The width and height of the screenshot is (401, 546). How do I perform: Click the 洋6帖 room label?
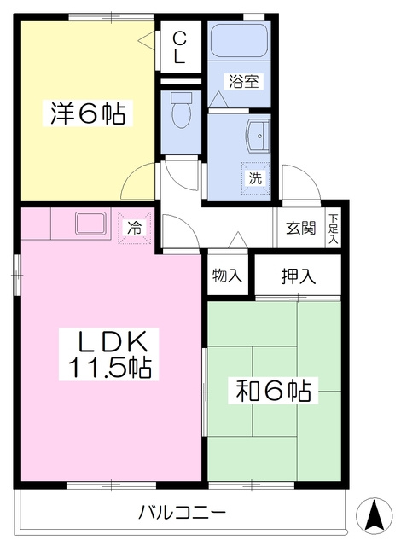pyautogui.click(x=88, y=113)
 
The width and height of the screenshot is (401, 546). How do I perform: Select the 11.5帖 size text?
pyautogui.click(x=109, y=367)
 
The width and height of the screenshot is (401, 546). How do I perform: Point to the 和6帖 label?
pyautogui.click(x=273, y=391)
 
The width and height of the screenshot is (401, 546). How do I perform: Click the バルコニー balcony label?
pyautogui.click(x=183, y=512)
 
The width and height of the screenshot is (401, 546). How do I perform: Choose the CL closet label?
pyautogui.click(x=179, y=47)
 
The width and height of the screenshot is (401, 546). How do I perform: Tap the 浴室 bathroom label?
pyautogui.click(x=244, y=82)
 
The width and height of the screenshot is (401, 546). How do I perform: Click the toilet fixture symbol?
pyautogui.click(x=181, y=110)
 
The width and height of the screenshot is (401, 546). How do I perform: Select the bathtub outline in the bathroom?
pyautogui.click(x=240, y=41)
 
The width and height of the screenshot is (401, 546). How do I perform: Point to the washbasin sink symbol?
pyautogui.click(x=258, y=136)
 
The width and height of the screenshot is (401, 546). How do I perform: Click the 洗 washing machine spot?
pyautogui.click(x=255, y=178)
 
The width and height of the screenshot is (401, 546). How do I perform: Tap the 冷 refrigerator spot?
pyautogui.click(x=135, y=228)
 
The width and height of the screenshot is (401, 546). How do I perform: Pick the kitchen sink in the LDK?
pyautogui.click(x=90, y=224)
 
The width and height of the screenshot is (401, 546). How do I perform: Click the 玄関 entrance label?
pyautogui.click(x=300, y=228)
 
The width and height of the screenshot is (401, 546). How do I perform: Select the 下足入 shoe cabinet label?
pyautogui.click(x=334, y=229)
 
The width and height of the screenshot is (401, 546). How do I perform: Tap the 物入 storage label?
pyautogui.click(x=227, y=276)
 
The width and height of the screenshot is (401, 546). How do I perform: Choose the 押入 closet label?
pyautogui.click(x=298, y=276)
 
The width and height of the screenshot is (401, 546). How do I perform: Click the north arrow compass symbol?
pyautogui.click(x=375, y=515)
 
